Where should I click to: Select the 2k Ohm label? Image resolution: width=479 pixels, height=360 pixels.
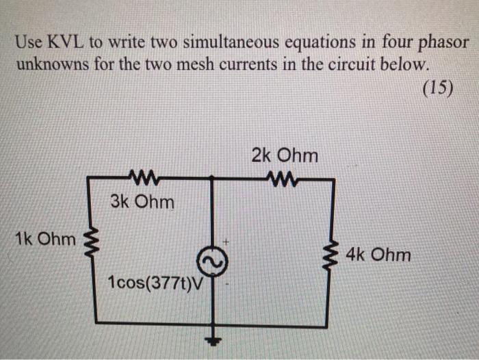[285, 155]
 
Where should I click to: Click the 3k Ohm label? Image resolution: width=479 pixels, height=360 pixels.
[142, 203]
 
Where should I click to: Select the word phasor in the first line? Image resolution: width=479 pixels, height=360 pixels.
[442, 43]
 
